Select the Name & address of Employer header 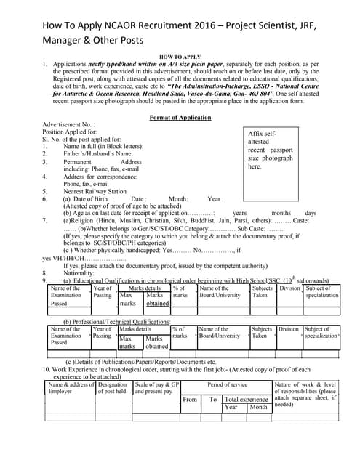(71, 389)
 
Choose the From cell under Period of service (191, 399)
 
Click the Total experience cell (246, 399)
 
